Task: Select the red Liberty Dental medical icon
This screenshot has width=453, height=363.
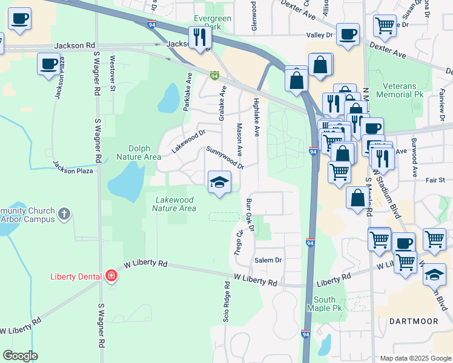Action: coord(111,276)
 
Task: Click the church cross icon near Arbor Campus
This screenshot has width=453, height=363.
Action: coord(64,214)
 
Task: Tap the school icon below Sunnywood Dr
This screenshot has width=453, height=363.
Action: coord(219,182)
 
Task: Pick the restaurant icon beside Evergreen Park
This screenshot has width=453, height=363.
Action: coord(199,38)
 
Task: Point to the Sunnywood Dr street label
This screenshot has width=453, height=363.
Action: coord(224,157)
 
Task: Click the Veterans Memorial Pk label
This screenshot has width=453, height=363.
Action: coord(399,90)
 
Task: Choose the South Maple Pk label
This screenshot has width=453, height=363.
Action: coord(328,304)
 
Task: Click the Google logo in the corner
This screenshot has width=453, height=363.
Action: coord(20,356)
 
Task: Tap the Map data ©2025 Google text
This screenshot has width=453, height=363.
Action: coord(415,358)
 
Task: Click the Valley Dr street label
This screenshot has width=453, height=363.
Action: coord(320,35)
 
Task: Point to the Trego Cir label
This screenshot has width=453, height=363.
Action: coord(239,241)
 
